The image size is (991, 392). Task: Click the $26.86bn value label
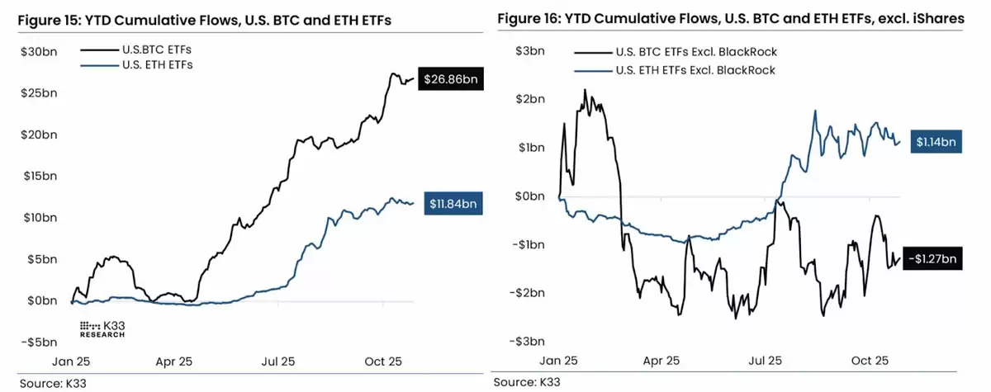451,80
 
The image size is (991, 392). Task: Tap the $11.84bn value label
453,203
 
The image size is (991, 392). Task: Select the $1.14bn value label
936,142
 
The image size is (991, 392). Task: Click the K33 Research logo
102,328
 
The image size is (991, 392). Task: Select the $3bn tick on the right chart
530,51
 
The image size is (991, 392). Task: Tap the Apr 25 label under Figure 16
661,361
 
